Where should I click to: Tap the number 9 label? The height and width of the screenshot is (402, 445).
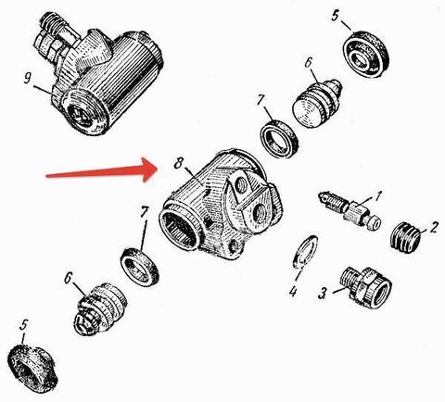(28, 79)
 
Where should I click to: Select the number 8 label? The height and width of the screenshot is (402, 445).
(179, 163)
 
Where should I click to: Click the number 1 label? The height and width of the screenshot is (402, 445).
(378, 195)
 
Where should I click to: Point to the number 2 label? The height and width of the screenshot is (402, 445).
(434, 227)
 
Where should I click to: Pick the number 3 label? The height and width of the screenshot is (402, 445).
(323, 293)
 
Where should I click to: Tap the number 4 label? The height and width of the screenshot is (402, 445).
(293, 291)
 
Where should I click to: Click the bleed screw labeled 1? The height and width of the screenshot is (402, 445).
(350, 209)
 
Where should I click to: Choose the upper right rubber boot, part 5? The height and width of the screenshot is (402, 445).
(366, 54)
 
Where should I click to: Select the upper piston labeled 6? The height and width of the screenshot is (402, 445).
(317, 103)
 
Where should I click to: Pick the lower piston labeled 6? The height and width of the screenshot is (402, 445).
(99, 308)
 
